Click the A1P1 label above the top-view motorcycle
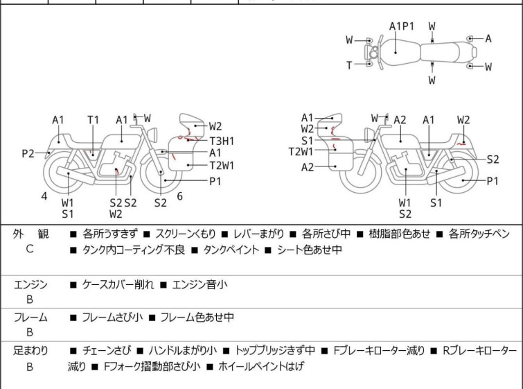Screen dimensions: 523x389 pyautogui.click(x=402, y=26)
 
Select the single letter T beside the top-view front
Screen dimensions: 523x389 pyautogui.click(x=349, y=65)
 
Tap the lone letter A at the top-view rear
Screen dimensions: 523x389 pyautogui.click(x=488, y=39)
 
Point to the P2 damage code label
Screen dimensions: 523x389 pyautogui.click(x=28, y=154)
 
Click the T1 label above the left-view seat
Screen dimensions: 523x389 pyautogui.click(x=94, y=120)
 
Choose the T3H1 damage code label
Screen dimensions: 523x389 pyautogui.click(x=222, y=141)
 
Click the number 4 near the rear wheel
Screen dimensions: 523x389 pyautogui.click(x=44, y=196)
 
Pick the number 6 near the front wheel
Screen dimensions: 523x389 pyautogui.click(x=179, y=196)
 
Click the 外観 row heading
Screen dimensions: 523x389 pyautogui.click(x=30, y=234)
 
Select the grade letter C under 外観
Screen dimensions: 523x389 pyautogui.click(x=30, y=249)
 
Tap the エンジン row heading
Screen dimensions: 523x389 pyautogui.click(x=30, y=285)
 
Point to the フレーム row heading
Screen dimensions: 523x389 pyautogui.click(x=30, y=318)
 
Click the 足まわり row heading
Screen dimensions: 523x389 pyautogui.click(x=30, y=351)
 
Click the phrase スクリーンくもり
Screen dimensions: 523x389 pyautogui.click(x=186, y=234)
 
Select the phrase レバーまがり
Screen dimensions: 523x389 pyautogui.click(x=258, y=234)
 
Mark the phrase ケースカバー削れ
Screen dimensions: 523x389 pyautogui.click(x=118, y=285)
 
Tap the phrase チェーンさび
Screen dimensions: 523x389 pyautogui.click(x=107, y=351)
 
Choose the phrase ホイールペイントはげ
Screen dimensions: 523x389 pyautogui.click(x=261, y=367)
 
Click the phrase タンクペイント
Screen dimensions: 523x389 pyautogui.click(x=231, y=250)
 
